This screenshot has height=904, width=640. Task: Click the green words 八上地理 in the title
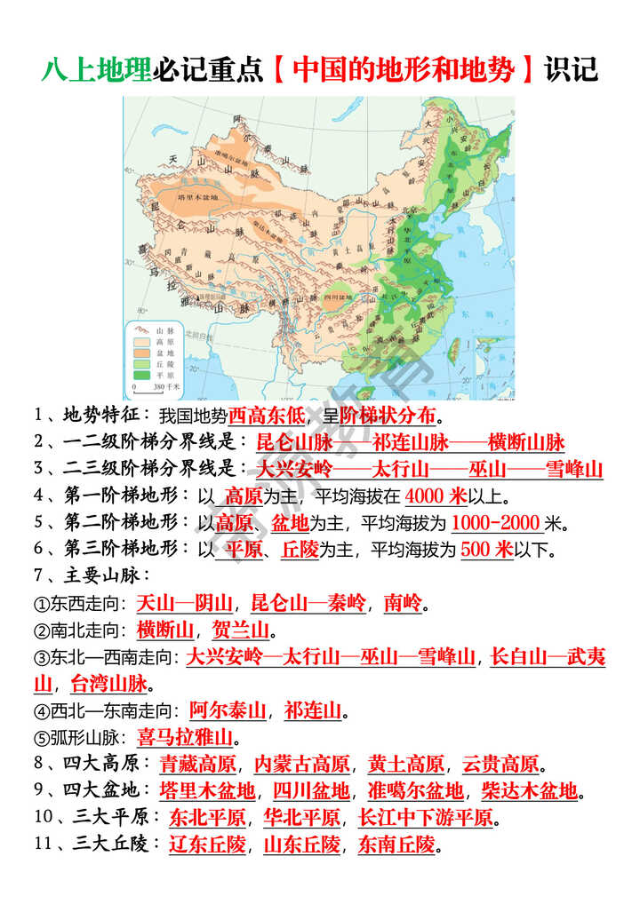point(96,69)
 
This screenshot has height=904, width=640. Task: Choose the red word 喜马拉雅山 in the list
point(184,736)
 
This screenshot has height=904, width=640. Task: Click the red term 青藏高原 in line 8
point(197,764)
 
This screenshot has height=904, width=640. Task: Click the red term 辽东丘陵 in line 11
point(207,844)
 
